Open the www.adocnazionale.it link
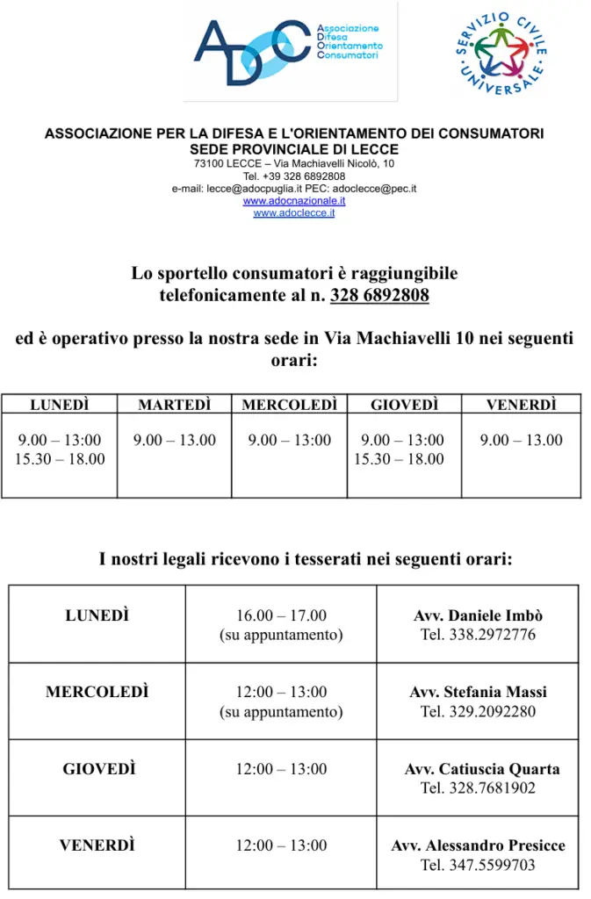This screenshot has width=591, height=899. tap(294, 201)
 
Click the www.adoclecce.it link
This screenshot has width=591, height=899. tap(294, 213)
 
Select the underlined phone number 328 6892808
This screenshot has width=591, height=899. tap(379, 296)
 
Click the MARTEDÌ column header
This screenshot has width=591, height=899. tap(174, 405)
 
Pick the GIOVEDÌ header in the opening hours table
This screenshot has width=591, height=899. tap(404, 405)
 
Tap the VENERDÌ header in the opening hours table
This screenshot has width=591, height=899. tap(522, 405)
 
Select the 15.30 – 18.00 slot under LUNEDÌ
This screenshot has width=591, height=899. tap(60, 459)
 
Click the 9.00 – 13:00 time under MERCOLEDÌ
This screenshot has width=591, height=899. tap(290, 440)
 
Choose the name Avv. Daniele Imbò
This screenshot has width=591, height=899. tap(478, 616)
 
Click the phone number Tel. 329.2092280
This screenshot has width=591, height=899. tap(478, 712)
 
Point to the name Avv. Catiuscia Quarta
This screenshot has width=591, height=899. tap(481, 770)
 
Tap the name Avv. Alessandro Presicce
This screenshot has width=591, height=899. tap(478, 846)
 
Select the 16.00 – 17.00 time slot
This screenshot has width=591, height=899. tap(281, 616)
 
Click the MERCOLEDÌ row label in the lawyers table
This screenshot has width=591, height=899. tap(97, 693)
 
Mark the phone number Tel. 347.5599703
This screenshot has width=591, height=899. tap(478, 866)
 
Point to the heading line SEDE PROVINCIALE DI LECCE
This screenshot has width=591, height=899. tap(294, 150)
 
